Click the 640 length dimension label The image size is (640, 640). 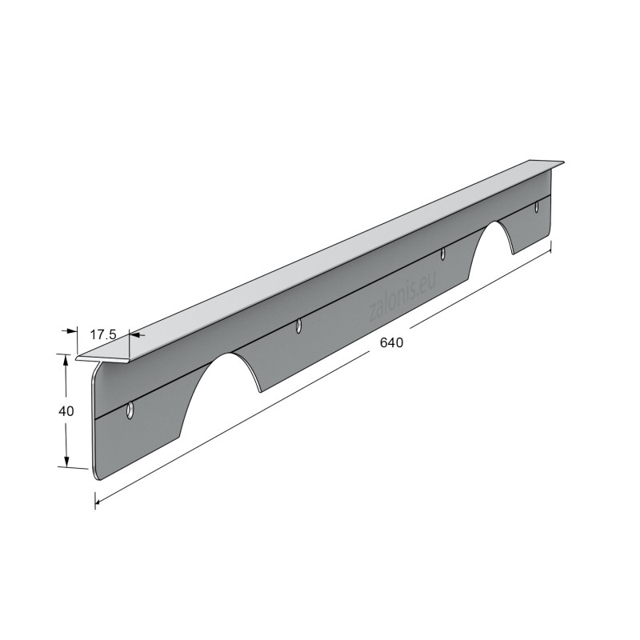click(x=391, y=342)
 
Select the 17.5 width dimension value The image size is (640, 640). click(x=103, y=334)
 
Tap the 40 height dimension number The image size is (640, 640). click(x=66, y=411)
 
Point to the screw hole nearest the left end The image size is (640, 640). click(x=130, y=410)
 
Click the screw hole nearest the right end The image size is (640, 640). click(x=537, y=207)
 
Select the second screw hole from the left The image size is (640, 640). click(x=299, y=326)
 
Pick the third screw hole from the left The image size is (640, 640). click(x=443, y=254)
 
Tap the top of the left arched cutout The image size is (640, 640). click(x=229, y=354)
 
